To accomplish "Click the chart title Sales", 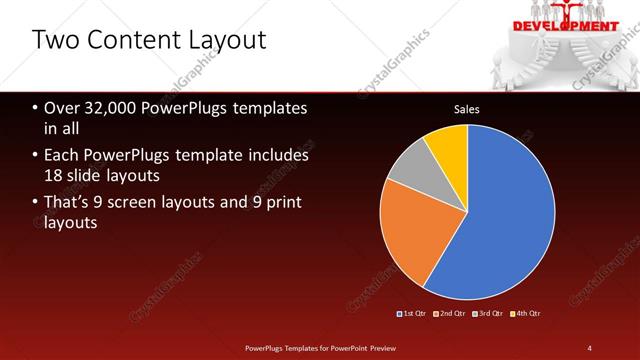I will point(467,108).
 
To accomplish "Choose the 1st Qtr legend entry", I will point(415,313).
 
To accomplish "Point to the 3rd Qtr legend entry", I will point(490,313).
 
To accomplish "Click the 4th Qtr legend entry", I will point(527,313).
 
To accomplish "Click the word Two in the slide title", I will point(53,40).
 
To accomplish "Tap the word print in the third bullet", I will point(283,203).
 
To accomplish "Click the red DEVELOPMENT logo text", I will point(566,26).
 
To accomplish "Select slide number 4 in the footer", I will point(590,347).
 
